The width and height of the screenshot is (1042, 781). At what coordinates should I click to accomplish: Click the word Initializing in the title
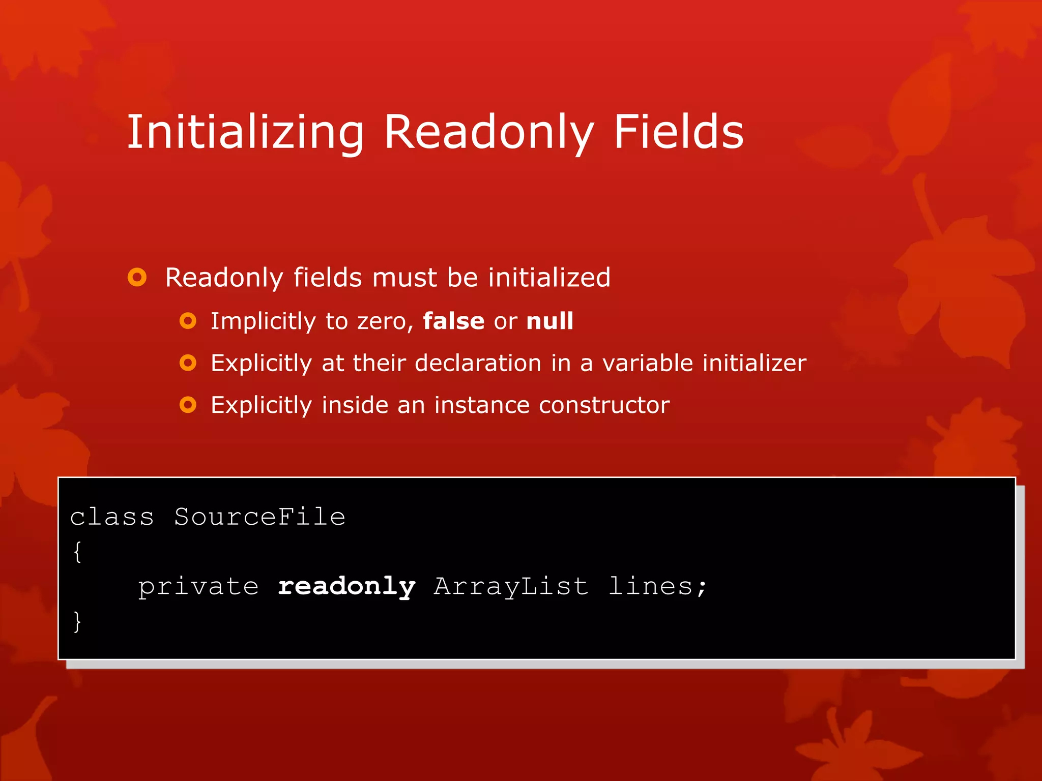click(x=245, y=132)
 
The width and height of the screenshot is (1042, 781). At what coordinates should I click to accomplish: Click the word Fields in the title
click(x=678, y=132)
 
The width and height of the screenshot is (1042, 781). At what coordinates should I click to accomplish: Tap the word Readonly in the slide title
click(x=488, y=132)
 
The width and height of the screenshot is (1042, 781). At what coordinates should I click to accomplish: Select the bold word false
click(x=454, y=321)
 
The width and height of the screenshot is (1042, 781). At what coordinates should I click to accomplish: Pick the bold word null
click(x=549, y=321)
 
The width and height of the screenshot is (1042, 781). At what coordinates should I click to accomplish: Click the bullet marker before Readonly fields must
click(x=137, y=277)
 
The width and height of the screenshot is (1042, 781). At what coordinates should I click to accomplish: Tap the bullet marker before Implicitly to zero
click(x=188, y=321)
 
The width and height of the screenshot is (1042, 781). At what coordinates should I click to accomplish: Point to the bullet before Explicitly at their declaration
click(x=188, y=363)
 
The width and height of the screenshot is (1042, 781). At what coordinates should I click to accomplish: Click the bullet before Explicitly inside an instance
click(x=188, y=405)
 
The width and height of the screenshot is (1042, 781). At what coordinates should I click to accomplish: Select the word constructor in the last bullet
click(x=604, y=405)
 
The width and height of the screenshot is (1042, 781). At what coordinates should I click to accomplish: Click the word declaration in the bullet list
click(x=478, y=363)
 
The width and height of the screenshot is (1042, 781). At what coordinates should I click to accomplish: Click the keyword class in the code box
click(x=112, y=517)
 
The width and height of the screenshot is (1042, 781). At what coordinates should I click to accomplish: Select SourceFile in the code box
click(x=259, y=517)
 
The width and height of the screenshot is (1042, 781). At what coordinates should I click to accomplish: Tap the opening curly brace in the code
click(x=77, y=552)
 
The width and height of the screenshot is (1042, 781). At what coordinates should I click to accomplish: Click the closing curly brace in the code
click(x=77, y=621)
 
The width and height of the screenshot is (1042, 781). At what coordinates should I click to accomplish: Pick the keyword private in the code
click(x=198, y=587)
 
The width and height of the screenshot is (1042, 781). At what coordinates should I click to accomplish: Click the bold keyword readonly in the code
click(x=346, y=587)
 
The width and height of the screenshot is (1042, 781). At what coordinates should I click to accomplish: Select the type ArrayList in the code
click(x=511, y=587)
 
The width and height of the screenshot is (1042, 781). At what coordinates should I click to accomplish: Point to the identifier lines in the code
click(x=651, y=587)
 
